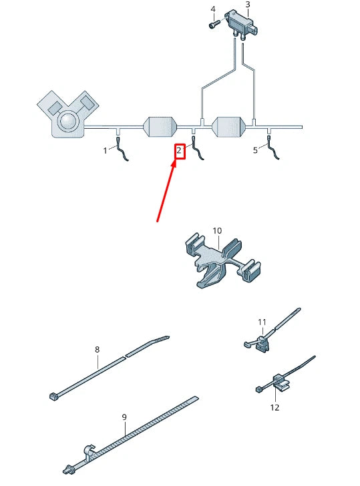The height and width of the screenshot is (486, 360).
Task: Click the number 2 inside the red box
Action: pyautogui.click(x=179, y=151)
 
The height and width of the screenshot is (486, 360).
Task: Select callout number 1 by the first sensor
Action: pyautogui.click(x=105, y=151)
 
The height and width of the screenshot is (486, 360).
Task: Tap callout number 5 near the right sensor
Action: pyautogui.click(x=255, y=150)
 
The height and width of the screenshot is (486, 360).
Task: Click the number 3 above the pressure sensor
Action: pyautogui.click(x=247, y=5)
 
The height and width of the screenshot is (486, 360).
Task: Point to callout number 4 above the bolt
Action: pyautogui.click(x=212, y=9)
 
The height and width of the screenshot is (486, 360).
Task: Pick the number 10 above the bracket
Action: pyautogui.click(x=217, y=231)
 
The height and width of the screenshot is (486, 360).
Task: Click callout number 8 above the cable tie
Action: pyautogui.click(x=97, y=350)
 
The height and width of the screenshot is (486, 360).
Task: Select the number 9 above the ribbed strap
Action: pyautogui.click(x=124, y=417)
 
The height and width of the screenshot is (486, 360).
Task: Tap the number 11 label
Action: pyautogui.click(x=262, y=322)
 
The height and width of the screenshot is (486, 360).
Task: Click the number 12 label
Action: pyautogui.click(x=275, y=407)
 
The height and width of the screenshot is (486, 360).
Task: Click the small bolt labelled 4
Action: pyautogui.click(x=214, y=24)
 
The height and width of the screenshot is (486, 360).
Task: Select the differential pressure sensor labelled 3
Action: pyautogui.click(x=241, y=25)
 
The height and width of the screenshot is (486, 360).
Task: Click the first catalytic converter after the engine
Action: pyautogui.click(x=160, y=126)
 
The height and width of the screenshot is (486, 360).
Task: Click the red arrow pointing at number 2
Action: pyautogui.click(x=166, y=191)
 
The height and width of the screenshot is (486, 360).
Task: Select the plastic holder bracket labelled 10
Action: pyautogui.click(x=222, y=260)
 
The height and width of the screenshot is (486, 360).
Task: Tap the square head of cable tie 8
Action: pyautogui.click(x=54, y=396)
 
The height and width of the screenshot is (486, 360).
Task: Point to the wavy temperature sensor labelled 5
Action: pyautogui.click(x=273, y=148)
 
